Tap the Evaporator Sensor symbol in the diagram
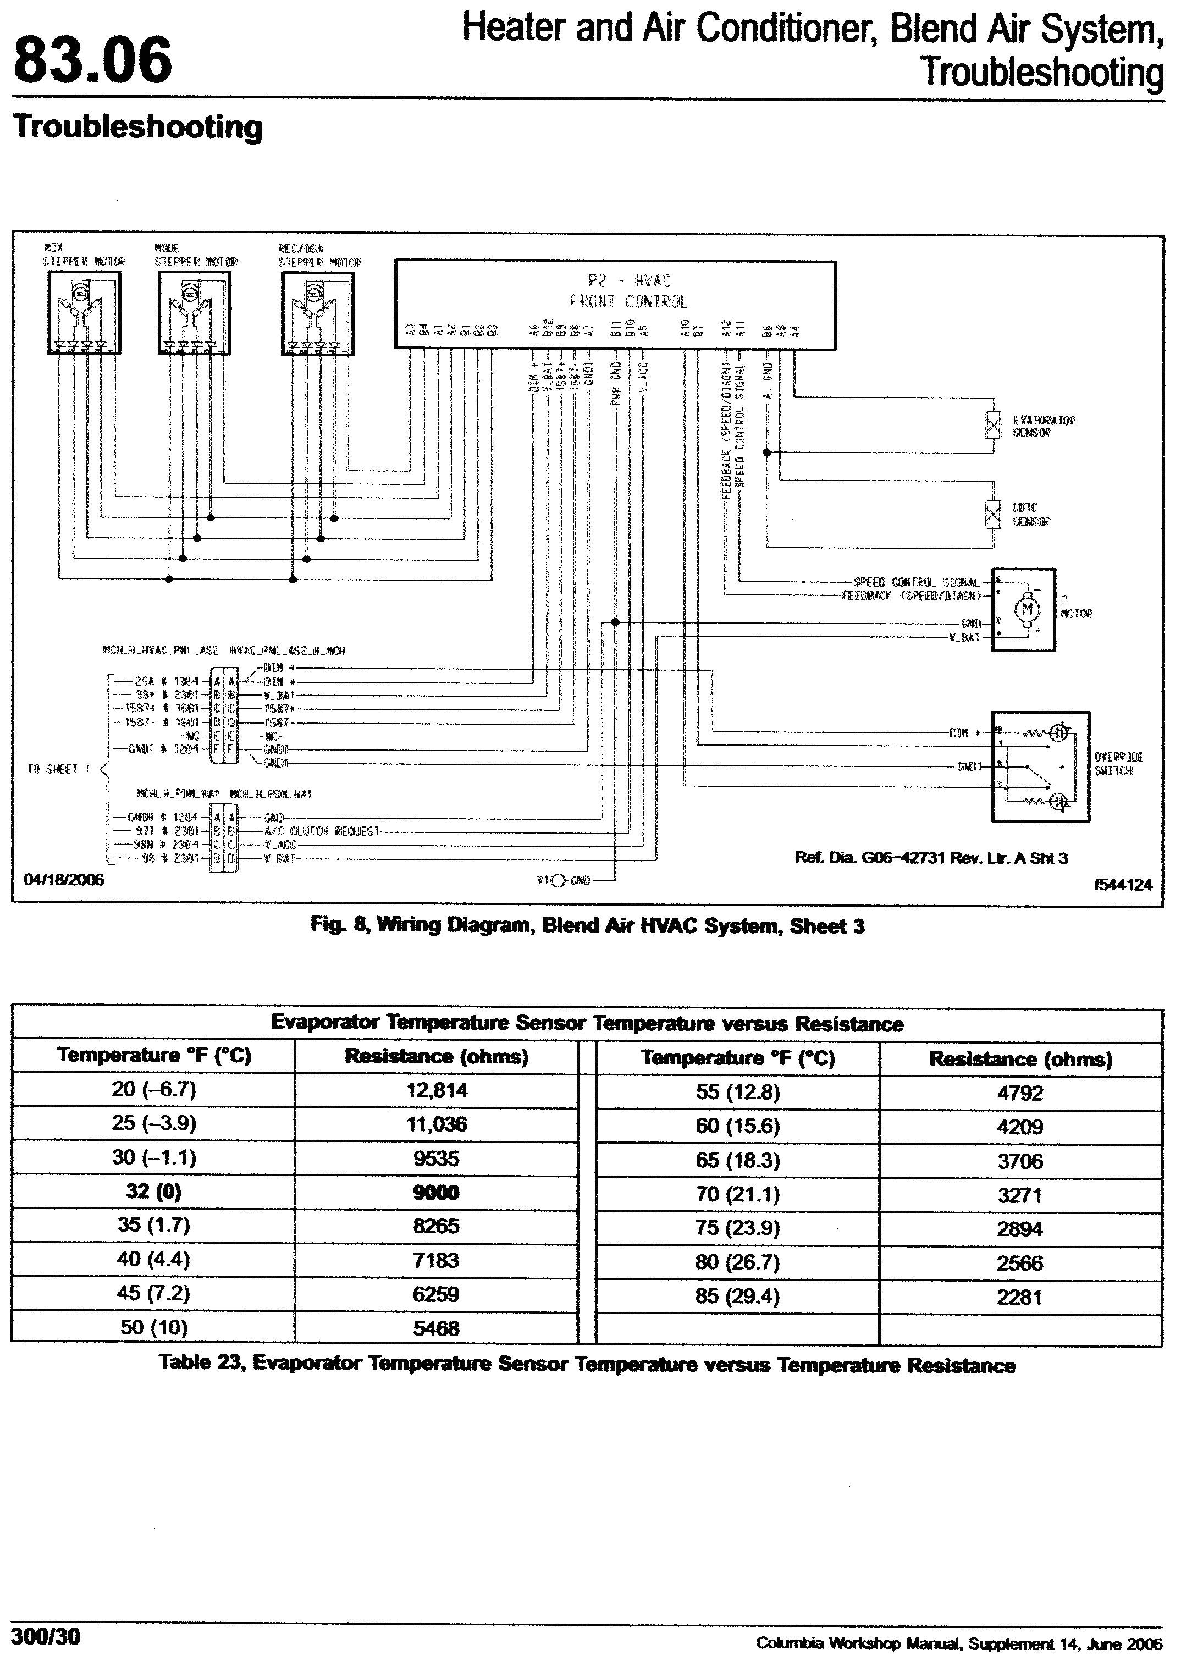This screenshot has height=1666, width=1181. [x=992, y=426]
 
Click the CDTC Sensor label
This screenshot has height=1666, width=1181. [x=1031, y=514]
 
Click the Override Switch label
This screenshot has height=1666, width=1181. [x=1118, y=764]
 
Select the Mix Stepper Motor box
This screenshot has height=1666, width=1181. [x=84, y=313]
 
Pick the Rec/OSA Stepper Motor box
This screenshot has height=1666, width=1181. [x=317, y=313]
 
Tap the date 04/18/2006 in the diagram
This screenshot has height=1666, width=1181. [x=64, y=880]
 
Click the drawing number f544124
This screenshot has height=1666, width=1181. [x=1123, y=884]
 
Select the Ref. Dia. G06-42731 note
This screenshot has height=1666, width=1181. [x=931, y=858]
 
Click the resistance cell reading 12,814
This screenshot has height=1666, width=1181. [x=437, y=1090]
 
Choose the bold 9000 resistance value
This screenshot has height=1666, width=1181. [x=437, y=1192]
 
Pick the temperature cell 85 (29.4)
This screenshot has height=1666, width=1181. [x=737, y=1296]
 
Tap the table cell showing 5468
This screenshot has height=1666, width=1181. [x=437, y=1328]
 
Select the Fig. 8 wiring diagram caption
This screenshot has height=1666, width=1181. [x=587, y=926]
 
